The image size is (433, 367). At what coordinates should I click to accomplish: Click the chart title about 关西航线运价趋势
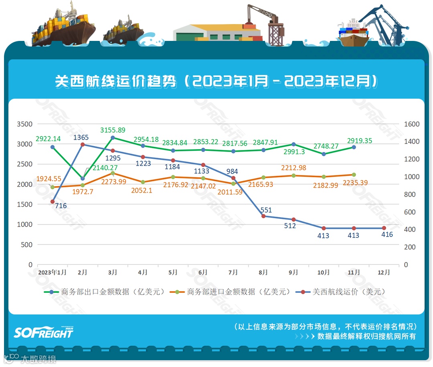pyautogui.click(x=216, y=81)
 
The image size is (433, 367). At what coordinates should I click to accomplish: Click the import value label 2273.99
pyautogui.click(x=113, y=182)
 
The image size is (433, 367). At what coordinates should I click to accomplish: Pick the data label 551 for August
pyautogui.click(x=266, y=210)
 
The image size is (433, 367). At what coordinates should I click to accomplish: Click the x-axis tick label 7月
pyautogui.click(x=233, y=272)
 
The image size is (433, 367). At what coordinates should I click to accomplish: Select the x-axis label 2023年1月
pyautogui.click(x=53, y=272)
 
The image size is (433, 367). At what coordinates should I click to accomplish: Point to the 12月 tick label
pyautogui.click(x=384, y=272)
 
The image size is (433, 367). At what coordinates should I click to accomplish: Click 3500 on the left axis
pyautogui.click(x=24, y=124)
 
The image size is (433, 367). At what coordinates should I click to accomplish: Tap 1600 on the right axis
pyautogui.click(x=412, y=124)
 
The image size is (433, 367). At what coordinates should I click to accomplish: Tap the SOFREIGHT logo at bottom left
pyautogui.click(x=44, y=332)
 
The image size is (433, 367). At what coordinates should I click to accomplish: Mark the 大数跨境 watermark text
pyautogui.click(x=38, y=359)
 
